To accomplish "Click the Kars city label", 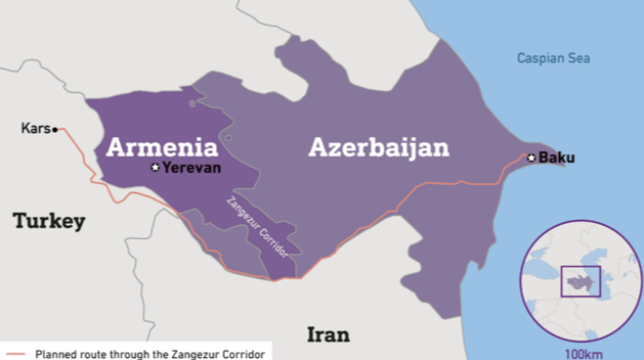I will point(35,129).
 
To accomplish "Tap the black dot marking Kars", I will point(55,130).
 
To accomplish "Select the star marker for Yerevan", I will point(156,168).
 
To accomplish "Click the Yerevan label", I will point(190,168).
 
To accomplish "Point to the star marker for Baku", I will point(531,158).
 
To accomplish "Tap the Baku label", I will point(557,158).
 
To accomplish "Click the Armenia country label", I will point(161,146).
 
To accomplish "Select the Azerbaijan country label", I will point(379,146).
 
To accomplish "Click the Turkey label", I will point(49,221).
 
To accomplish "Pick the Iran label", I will point(328,334).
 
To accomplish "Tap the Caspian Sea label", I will point(554,59).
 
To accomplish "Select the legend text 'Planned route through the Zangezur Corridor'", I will point(149,353).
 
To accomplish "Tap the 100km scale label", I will point(583,353).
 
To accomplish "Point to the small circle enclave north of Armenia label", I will point(192,104).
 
